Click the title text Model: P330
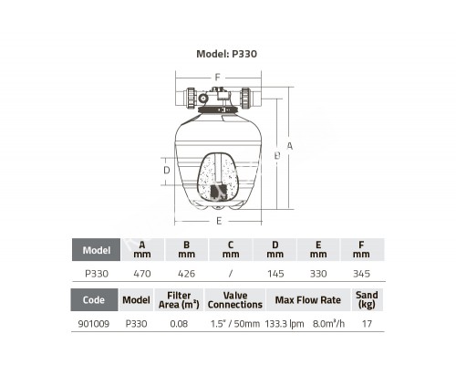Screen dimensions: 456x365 [x=226, y=54]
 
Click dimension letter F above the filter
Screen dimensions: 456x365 [x=217, y=78]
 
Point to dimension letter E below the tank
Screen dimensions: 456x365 [x=219, y=221]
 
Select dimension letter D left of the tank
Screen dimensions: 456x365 [x=167, y=170]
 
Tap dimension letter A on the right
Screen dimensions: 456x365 [x=290, y=146]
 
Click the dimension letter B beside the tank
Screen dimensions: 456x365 [x=277, y=156]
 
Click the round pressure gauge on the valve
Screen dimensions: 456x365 [x=202, y=98]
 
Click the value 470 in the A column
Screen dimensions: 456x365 [x=142, y=274]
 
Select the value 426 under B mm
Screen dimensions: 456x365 [x=186, y=274]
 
